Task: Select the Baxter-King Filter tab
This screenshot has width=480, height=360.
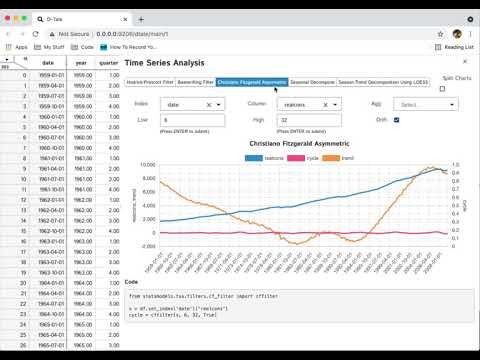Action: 195,82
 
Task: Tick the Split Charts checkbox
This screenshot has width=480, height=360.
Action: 442,89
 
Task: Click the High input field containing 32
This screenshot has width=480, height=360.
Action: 309,120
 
